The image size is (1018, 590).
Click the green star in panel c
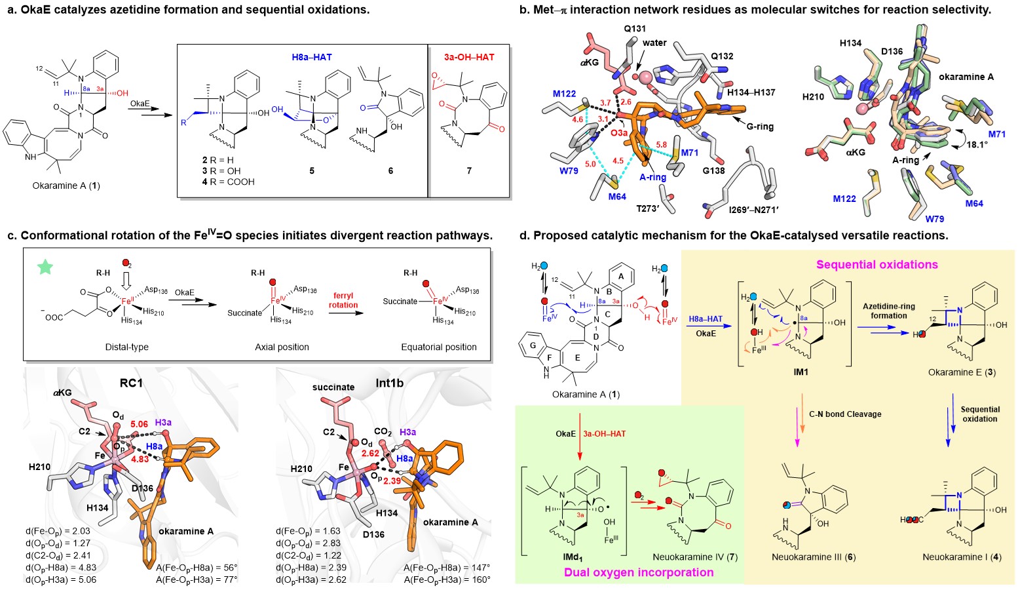(x=45, y=267)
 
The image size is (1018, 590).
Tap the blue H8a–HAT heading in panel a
(x=312, y=57)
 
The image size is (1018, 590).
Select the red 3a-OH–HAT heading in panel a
(x=469, y=57)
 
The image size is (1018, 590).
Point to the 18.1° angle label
(x=977, y=145)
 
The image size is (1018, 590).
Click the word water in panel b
(x=654, y=43)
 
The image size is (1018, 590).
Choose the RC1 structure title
(x=132, y=383)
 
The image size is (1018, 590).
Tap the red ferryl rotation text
(x=343, y=300)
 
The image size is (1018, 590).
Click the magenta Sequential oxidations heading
(x=877, y=265)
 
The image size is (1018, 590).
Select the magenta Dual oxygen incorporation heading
(x=639, y=572)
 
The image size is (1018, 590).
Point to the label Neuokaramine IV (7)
(x=695, y=557)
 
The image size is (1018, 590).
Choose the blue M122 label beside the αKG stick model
(x=564, y=94)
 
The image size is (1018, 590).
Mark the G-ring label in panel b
(x=760, y=127)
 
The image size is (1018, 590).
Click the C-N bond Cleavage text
(x=845, y=414)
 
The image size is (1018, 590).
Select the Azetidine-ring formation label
(x=889, y=311)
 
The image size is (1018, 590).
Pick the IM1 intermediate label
(x=801, y=372)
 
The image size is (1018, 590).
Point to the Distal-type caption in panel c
(x=126, y=347)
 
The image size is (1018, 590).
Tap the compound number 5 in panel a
(x=312, y=171)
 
